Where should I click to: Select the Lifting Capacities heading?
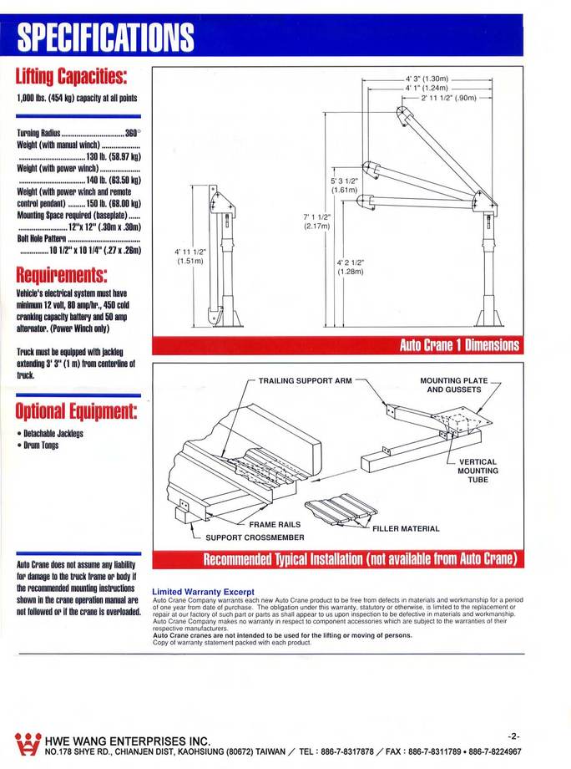71,78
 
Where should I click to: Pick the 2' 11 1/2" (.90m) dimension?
449,97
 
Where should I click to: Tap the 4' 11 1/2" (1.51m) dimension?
189,256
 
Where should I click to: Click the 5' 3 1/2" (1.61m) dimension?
344,186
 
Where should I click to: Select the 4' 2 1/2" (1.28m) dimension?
350,267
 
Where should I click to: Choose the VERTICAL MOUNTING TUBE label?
478,471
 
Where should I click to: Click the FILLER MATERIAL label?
406,528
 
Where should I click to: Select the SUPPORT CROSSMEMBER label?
255,537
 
